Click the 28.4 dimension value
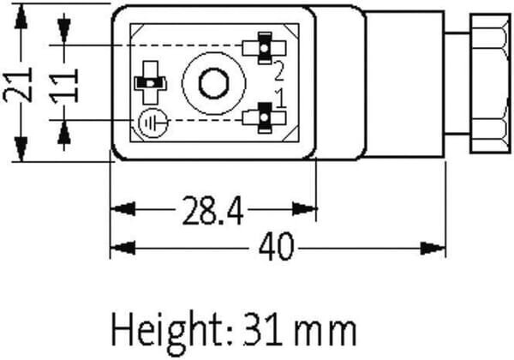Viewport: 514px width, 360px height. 212,211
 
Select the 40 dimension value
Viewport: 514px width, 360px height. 276,246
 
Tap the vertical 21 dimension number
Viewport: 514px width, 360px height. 18,85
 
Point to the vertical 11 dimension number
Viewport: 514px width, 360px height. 64,86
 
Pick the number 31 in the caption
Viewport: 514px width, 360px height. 262,330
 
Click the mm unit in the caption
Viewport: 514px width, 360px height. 325,333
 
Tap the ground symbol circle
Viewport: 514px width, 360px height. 152,123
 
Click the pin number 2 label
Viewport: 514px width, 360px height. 278,71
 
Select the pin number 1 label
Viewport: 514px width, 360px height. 280,99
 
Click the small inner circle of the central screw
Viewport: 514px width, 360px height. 213,83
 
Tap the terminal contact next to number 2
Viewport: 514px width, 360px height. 264,48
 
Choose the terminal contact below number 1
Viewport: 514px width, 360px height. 264,117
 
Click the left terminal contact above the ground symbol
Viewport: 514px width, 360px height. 151,83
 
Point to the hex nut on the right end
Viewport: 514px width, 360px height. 491,83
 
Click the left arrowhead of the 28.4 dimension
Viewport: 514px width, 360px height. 123,209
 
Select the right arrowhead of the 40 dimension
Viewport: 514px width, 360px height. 433,249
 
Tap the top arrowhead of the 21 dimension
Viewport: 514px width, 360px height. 21,16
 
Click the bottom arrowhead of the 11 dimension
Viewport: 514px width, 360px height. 64,133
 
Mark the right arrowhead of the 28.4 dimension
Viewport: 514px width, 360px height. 304,209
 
